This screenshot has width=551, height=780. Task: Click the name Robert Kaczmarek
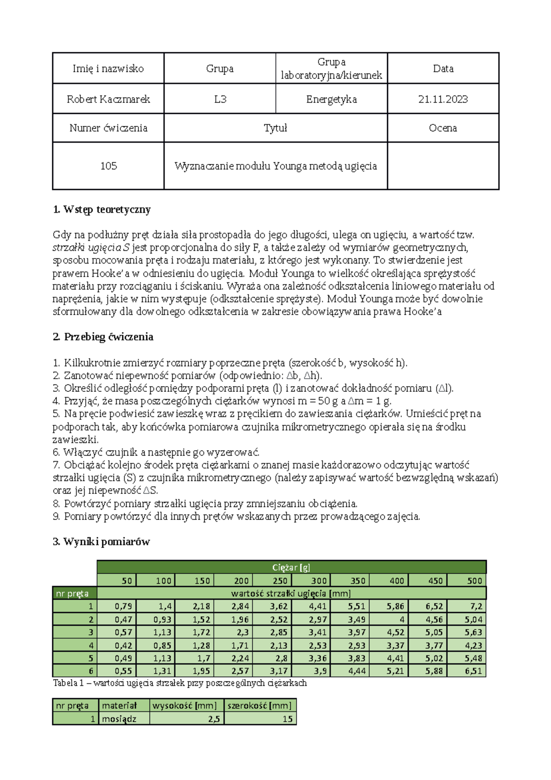click(108, 99)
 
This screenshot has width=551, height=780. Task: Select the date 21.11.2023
click(443, 99)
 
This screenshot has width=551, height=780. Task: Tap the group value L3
click(220, 99)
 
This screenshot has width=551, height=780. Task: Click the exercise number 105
click(108, 166)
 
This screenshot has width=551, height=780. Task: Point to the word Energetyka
click(332, 99)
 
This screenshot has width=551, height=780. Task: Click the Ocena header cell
click(443, 128)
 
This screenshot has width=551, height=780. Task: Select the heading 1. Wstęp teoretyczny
click(102, 209)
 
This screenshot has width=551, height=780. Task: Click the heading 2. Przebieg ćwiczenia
click(103, 337)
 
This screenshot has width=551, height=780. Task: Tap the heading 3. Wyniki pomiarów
click(101, 542)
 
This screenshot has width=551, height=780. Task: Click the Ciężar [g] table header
click(291, 567)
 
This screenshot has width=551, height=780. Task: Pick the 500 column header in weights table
click(474, 581)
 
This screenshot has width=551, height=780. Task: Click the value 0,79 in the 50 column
click(123, 606)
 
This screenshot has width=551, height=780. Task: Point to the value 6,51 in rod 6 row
click(473, 671)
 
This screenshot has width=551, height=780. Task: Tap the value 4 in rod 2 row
click(402, 619)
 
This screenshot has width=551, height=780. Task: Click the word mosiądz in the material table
click(119, 719)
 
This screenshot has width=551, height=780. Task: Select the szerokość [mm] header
click(259, 706)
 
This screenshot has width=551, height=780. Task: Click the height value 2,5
click(214, 719)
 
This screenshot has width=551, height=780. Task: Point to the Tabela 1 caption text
click(180, 683)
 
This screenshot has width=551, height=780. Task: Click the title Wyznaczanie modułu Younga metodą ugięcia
click(275, 166)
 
